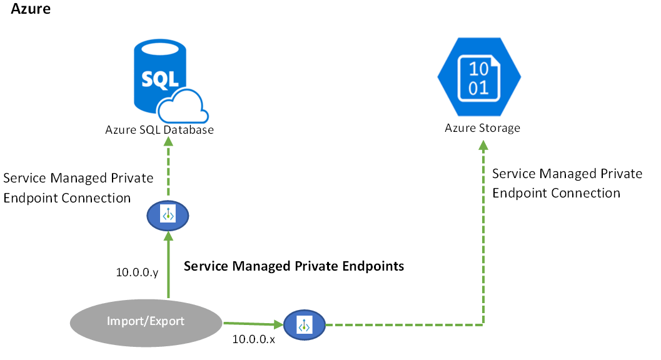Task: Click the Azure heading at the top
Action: point(31,9)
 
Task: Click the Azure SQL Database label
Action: point(159,130)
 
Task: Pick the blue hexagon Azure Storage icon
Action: point(479,77)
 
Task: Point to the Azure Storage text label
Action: point(482,128)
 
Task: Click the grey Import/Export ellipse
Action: point(146,322)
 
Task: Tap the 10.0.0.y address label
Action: point(137,272)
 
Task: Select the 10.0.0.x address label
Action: point(253,339)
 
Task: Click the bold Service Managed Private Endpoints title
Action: point(294,266)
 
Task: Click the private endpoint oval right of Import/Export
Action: point(305,325)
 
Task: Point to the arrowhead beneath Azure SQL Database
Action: point(168,141)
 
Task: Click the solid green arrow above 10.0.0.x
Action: point(250,324)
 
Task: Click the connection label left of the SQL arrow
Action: point(78,187)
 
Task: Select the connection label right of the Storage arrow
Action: point(567,183)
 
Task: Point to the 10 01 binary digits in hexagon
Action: point(479,77)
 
